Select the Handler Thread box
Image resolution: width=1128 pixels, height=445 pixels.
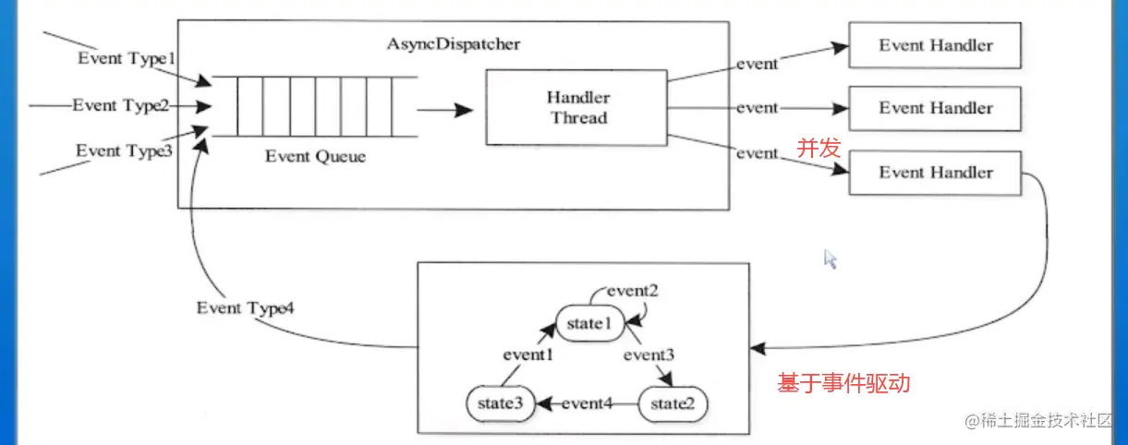click(x=578, y=107)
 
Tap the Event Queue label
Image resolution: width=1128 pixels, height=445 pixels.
click(x=315, y=156)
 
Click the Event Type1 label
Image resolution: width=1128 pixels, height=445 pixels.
click(x=126, y=58)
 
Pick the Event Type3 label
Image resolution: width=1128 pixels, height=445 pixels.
click(x=124, y=150)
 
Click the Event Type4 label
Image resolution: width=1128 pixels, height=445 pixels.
click(x=246, y=307)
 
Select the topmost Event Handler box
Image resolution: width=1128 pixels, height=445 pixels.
click(x=935, y=44)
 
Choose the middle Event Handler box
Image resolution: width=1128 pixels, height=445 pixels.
click(x=935, y=108)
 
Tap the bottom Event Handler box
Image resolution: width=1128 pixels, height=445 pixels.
click(x=935, y=173)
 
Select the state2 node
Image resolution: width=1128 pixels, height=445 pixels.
click(x=673, y=403)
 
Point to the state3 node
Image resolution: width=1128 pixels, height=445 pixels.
click(x=500, y=403)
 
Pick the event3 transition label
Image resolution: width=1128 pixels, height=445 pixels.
click(x=649, y=354)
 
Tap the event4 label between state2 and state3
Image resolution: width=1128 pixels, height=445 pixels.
click(x=587, y=403)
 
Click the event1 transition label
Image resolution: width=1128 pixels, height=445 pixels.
click(x=528, y=354)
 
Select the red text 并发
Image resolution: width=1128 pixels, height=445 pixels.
click(x=819, y=147)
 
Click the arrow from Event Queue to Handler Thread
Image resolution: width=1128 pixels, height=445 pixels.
click(x=444, y=110)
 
